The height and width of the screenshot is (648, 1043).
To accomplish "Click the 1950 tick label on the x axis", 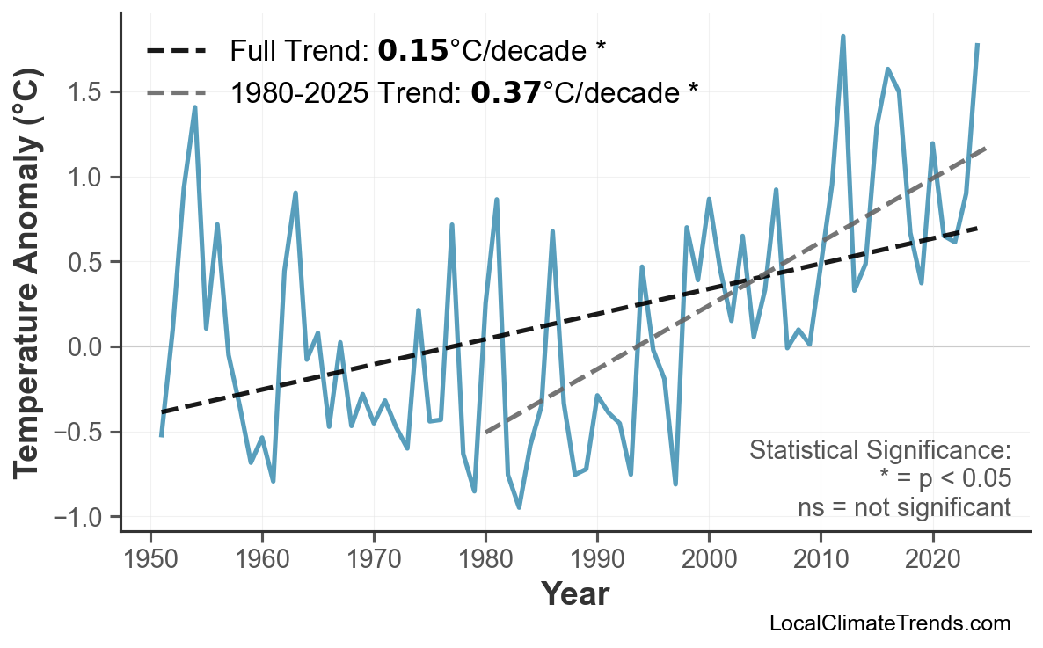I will pyautogui.click(x=150, y=560).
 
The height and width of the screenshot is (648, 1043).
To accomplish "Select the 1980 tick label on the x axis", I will pyautogui.click(x=485, y=560).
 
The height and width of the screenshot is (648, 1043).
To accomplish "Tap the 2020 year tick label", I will pyautogui.click(x=932, y=560).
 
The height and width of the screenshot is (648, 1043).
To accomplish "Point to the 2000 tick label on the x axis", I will pyautogui.click(x=709, y=560).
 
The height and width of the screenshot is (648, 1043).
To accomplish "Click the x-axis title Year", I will pyautogui.click(x=574, y=594).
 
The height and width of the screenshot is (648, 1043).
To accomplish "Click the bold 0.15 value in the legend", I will pyautogui.click(x=412, y=51).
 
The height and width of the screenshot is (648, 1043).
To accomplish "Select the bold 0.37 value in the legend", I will pyautogui.click(x=506, y=92).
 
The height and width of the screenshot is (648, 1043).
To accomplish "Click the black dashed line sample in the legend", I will pyautogui.click(x=176, y=51).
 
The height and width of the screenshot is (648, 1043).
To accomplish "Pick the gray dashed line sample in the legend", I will pyautogui.click(x=176, y=92).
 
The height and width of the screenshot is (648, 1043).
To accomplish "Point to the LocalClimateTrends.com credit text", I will pyautogui.click(x=889, y=623).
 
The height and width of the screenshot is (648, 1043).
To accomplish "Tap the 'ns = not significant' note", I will pyautogui.click(x=903, y=507).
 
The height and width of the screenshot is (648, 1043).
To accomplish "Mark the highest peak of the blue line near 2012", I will pyautogui.click(x=842, y=37).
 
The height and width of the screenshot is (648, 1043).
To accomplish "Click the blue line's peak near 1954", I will pyautogui.click(x=194, y=107).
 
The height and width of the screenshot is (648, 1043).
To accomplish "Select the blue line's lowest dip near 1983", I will pyautogui.click(x=519, y=507).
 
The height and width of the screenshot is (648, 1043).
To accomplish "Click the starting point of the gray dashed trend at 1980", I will pyautogui.click(x=485, y=433).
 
